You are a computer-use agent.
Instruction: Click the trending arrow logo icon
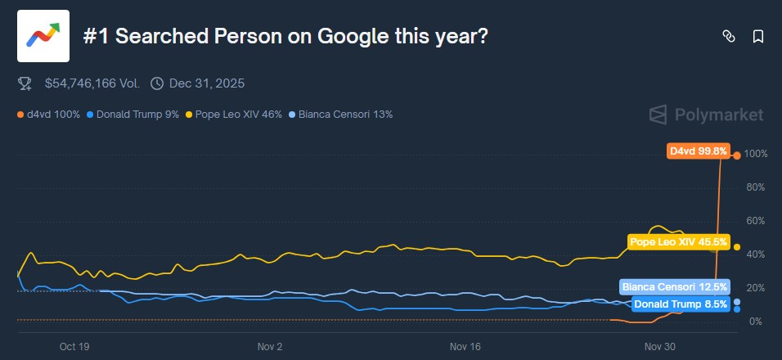43,36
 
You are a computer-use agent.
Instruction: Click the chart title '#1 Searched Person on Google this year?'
285,36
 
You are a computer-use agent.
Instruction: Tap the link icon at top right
728,36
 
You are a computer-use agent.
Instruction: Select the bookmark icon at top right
757,36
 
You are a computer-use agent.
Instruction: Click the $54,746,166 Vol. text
92,83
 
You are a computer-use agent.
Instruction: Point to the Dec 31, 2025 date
206,83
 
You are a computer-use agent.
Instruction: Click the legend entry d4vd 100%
52,115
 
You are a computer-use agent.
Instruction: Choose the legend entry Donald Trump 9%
133,115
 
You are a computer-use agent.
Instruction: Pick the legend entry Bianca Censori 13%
341,115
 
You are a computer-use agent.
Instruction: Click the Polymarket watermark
707,115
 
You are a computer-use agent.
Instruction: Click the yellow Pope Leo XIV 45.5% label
678,241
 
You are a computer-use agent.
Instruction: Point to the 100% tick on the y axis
755,155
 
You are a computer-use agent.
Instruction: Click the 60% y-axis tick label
755,221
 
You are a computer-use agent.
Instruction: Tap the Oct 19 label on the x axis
74,347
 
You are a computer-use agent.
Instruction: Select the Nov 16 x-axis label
465,347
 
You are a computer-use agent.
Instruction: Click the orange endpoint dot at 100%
737,155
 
